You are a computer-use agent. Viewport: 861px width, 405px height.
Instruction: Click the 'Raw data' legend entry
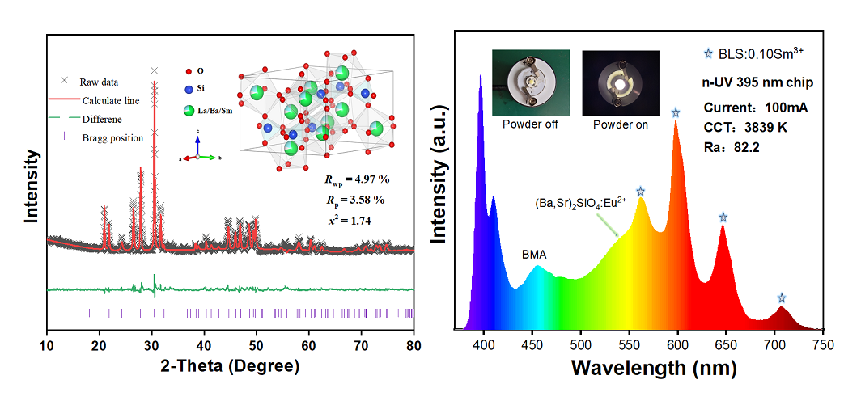(98, 82)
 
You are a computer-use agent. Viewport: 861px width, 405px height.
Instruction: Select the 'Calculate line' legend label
(110, 101)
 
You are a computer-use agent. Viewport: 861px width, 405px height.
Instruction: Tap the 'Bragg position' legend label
(112, 137)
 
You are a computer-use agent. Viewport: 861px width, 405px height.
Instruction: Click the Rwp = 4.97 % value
(341, 179)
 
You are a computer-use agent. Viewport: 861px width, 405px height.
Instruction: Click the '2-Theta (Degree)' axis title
(231, 365)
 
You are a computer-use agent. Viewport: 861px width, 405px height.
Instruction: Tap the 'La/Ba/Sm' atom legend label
(212, 110)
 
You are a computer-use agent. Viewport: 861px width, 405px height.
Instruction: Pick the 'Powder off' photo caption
(530, 124)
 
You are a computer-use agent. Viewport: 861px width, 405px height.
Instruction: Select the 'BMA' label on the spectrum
(534, 255)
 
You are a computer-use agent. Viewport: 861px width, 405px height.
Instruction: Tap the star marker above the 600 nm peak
(676, 112)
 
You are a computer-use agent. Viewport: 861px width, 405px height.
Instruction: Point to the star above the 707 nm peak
(782, 298)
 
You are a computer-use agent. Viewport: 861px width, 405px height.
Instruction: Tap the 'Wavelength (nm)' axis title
(653, 369)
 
